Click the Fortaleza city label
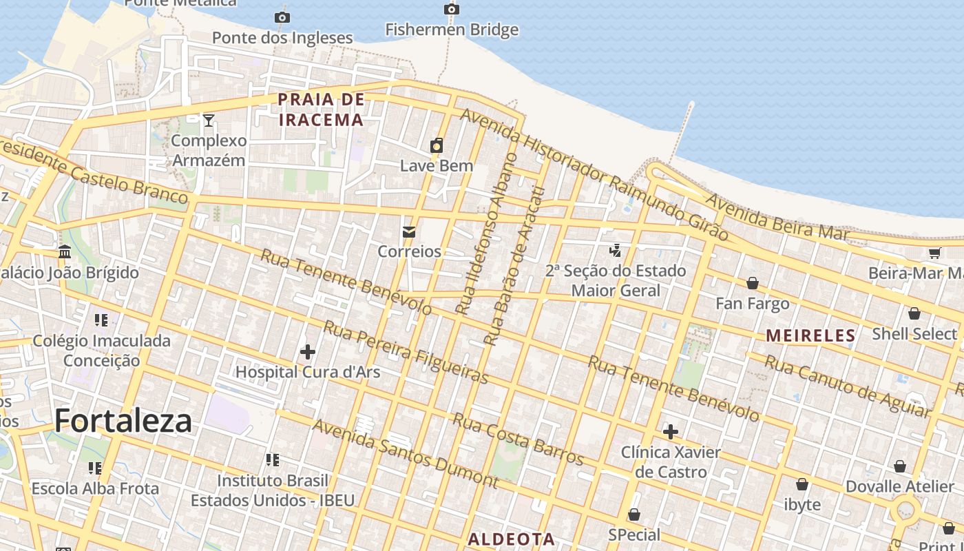tap(123, 420)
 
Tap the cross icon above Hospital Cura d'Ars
tap(308, 352)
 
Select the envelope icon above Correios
tap(409, 231)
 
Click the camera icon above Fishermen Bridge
tap(451, 9)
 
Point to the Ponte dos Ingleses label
tap(282, 38)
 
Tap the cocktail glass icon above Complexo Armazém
tap(209, 121)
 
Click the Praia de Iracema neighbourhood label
tap(321, 110)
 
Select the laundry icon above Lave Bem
tap(437, 145)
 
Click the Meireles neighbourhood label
tap(810, 335)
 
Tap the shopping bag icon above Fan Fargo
tap(753, 283)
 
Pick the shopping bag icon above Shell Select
tap(914, 313)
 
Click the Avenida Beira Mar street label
tap(777, 217)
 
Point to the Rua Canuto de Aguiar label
tap(847, 386)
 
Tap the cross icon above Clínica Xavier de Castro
tap(670, 432)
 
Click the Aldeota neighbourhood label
tap(512, 539)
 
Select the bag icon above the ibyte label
tap(802, 484)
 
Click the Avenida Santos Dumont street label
tap(405, 453)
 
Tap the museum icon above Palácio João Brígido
tap(65, 252)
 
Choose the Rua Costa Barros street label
tap(518, 439)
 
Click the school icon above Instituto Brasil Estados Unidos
tap(273, 459)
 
